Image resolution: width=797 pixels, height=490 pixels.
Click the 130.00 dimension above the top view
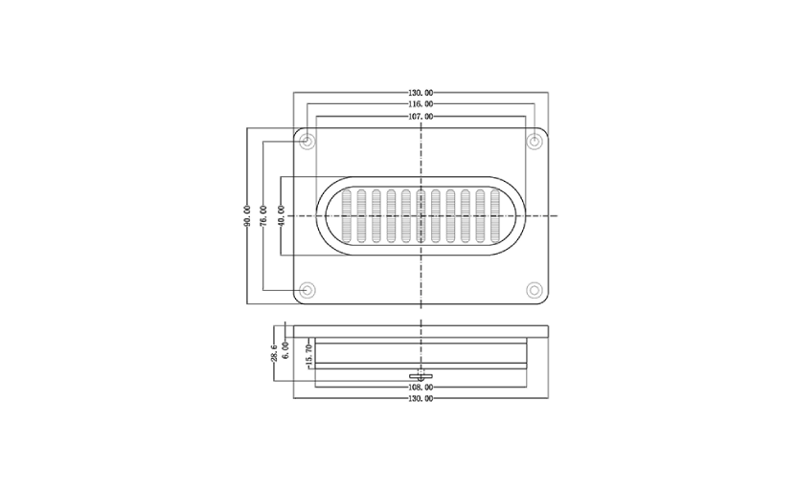(x=421, y=93)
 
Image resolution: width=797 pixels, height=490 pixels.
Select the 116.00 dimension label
(x=421, y=104)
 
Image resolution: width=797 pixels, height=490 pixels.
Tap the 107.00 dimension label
(x=421, y=117)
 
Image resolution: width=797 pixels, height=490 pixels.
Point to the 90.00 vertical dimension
(x=247, y=215)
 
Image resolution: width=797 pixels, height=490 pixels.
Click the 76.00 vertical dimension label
(x=263, y=215)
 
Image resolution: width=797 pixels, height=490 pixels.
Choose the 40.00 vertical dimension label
(x=281, y=215)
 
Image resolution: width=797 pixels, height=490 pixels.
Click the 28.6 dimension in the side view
(x=274, y=353)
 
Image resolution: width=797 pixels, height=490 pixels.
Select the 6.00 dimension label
(x=285, y=350)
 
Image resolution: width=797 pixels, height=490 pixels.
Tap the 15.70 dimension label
(x=307, y=355)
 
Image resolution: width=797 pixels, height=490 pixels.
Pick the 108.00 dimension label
(x=421, y=388)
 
